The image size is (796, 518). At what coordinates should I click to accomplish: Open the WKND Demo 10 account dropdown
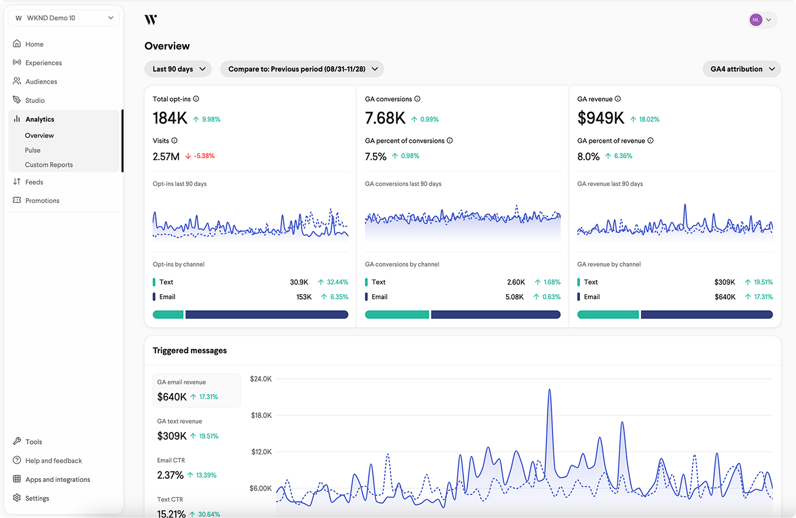point(64,18)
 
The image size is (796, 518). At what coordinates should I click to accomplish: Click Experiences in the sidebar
point(43,63)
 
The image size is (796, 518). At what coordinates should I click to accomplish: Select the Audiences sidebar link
point(41,82)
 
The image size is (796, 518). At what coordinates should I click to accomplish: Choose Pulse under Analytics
point(32,150)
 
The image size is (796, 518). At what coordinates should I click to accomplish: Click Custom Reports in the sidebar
point(48,165)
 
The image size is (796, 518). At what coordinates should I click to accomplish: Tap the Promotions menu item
point(42,200)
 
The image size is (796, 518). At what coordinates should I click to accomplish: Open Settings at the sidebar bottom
point(37,498)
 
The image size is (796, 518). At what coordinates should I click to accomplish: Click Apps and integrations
point(58,479)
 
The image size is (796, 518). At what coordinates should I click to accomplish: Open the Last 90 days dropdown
point(178,69)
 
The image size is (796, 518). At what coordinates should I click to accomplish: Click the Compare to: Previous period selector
point(302,69)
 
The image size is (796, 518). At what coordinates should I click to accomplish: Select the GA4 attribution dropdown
point(742,69)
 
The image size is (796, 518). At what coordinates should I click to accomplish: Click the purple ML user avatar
point(756,20)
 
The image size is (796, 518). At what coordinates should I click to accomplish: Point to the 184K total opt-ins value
point(170,118)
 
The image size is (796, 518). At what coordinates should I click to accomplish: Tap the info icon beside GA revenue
point(618,99)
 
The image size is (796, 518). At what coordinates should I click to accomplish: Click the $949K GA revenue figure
point(601,118)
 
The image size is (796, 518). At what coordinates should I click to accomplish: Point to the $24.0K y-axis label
point(260,379)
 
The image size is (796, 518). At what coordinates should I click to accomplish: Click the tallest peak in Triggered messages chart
point(549,390)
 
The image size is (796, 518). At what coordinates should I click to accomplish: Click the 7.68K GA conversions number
point(385,118)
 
